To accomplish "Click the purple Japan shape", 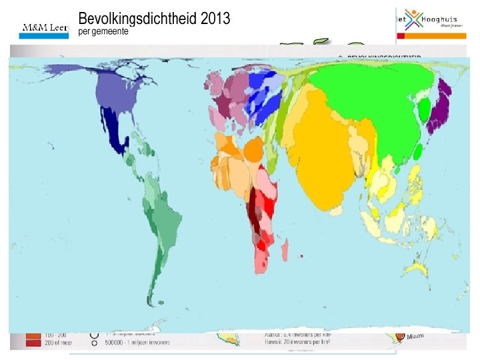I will pyautogui.click(x=441, y=107).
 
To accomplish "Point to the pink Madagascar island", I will pyautogui.click(x=285, y=252).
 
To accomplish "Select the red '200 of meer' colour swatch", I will pyautogui.click(x=32, y=343).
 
